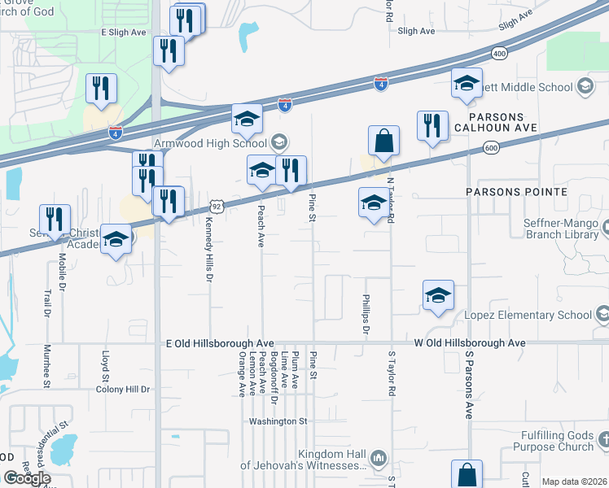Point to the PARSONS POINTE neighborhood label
pyautogui.click(x=516, y=192)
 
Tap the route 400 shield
pyautogui.click(x=498, y=54)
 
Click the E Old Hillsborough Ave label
pyautogui.click(x=219, y=344)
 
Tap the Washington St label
pyautogui.click(x=278, y=421)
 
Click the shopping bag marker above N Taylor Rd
pyautogui.click(x=383, y=141)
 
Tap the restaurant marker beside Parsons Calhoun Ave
pyautogui.click(x=432, y=126)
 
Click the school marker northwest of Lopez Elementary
pyautogui.click(x=438, y=295)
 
